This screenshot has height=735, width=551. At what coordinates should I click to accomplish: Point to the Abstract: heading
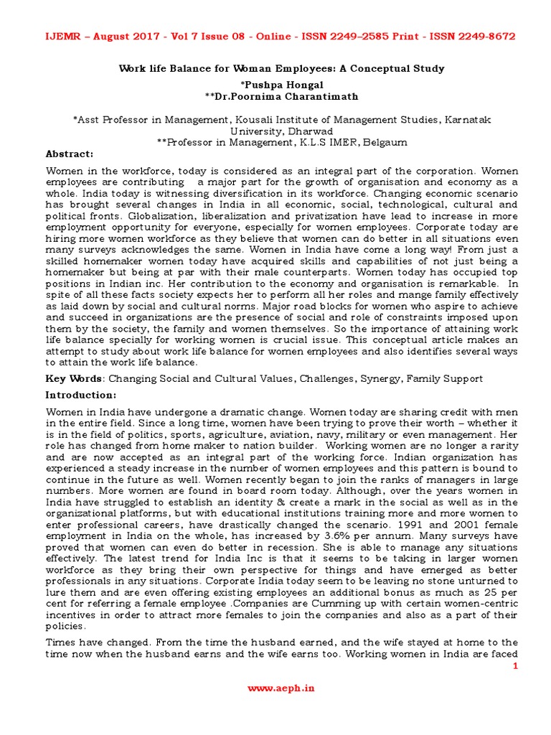coord(70,154)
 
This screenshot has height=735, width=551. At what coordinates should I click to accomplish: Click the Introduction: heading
coord(80,395)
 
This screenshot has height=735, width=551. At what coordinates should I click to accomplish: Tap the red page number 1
coord(514,667)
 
